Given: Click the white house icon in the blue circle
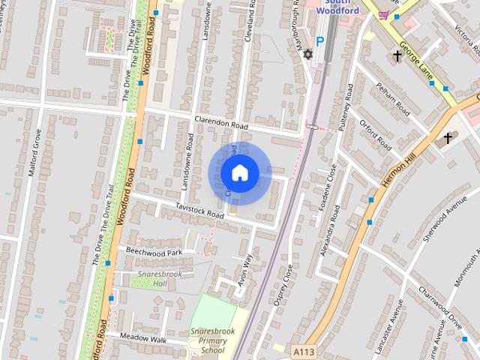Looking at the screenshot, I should tap(239, 172).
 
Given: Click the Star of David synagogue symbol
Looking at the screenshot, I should tap(306, 54).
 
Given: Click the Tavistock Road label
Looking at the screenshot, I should tap(199, 209).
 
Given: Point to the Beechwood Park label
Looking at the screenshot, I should tap(154, 252).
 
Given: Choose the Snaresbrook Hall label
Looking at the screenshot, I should tap(153, 279).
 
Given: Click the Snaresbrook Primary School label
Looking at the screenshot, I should tap(208, 340).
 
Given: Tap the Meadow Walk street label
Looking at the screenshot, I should tap(146, 339).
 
